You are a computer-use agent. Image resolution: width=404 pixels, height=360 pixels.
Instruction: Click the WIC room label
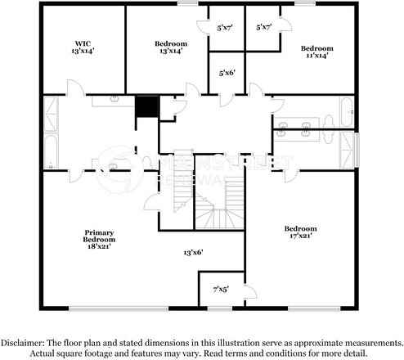point(81,42)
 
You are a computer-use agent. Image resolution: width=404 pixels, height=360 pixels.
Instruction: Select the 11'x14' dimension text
point(316,56)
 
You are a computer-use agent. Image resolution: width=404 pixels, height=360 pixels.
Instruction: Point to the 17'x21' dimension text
point(300,235)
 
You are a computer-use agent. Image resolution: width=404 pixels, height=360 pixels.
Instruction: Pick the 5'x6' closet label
point(227,72)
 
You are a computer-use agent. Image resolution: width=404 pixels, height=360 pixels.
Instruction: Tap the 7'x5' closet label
point(221,288)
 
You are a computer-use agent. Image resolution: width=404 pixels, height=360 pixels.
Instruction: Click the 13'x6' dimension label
point(192,253)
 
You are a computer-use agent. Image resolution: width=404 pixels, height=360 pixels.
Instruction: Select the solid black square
point(146,107)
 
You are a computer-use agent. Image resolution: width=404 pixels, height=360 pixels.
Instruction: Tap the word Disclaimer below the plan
point(25,342)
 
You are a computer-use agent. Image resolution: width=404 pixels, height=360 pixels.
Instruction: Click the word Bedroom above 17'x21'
point(300,227)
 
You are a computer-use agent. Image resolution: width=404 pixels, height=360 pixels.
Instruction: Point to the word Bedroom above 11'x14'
point(316,48)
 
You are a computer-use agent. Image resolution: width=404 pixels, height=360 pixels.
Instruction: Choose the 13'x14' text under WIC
point(81,50)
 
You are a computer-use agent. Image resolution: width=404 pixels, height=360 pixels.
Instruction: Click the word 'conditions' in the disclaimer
point(295,353)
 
